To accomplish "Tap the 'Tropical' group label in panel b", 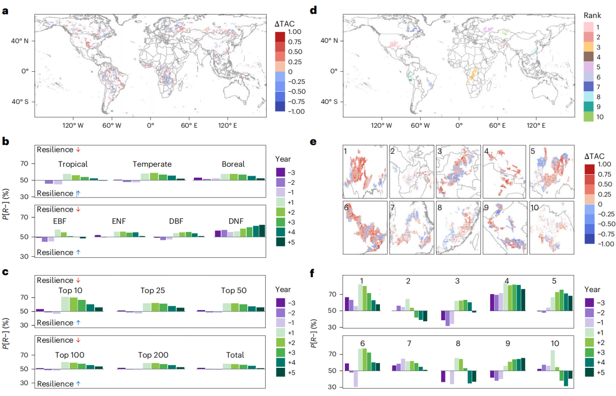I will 73,164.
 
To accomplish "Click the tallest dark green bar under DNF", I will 262,231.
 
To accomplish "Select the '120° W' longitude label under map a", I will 73,125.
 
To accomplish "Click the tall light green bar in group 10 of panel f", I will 552,360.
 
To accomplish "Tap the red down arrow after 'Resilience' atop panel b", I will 78,150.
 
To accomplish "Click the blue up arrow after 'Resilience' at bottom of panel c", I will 78,384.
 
